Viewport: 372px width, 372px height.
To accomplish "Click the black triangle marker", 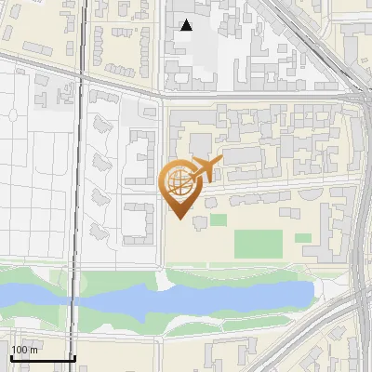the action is tap(187, 25).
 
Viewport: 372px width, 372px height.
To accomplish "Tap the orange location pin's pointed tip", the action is tap(179, 219).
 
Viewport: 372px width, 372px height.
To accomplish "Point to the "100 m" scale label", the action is tap(23, 350).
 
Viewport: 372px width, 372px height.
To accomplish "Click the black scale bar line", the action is tap(43, 358).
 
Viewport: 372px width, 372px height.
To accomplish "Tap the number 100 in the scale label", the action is tap(19, 350).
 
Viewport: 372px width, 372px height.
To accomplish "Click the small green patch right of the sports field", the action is tap(303, 238).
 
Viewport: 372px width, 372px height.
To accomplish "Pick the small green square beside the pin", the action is tap(218, 220).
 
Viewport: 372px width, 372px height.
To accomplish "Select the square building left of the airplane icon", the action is tap(199, 144).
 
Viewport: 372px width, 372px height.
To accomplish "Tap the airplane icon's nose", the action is tap(221, 162).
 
